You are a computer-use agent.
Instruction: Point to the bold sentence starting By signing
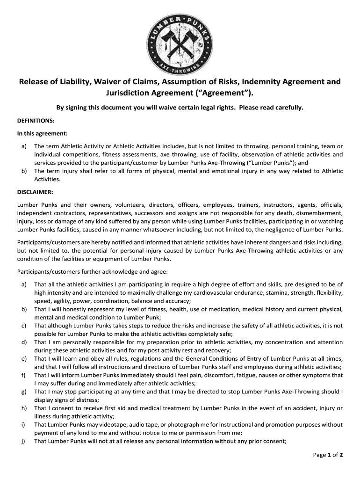tap(180, 108)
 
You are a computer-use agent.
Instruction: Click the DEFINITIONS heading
tap(36, 120)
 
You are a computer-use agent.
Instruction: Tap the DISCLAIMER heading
tap(35, 192)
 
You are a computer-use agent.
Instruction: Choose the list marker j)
tap(23, 441)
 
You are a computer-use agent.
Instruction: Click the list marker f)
tap(23, 375)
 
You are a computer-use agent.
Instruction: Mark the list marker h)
tap(23, 408)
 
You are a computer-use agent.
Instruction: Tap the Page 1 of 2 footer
tap(328, 455)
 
